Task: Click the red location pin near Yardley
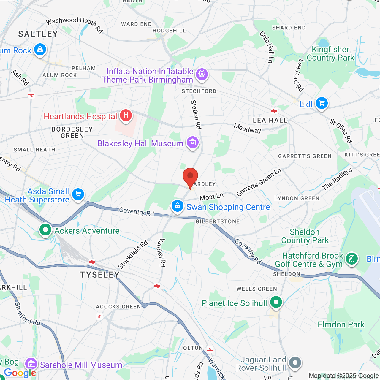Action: pyautogui.click(x=190, y=177)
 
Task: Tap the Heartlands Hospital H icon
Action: pyautogui.click(x=126, y=115)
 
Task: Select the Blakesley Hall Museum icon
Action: pyautogui.click(x=192, y=143)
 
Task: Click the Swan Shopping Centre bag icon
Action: pyautogui.click(x=178, y=206)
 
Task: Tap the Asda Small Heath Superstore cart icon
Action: pyautogui.click(x=78, y=195)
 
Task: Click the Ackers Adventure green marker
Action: pyautogui.click(x=45, y=230)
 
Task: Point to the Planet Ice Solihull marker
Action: pyautogui.click(x=276, y=303)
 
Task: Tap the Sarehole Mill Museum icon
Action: pyautogui.click(x=31, y=364)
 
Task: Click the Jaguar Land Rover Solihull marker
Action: pyautogui.click(x=295, y=363)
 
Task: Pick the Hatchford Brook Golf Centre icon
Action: pyautogui.click(x=352, y=259)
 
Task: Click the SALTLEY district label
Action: pyautogui.click(x=38, y=34)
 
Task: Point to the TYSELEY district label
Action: pyautogui.click(x=100, y=275)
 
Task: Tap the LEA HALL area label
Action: pyautogui.click(x=270, y=120)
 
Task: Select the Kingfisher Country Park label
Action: pyautogui.click(x=330, y=54)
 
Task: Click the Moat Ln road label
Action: pyautogui.click(x=211, y=197)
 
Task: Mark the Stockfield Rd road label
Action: pyautogui.click(x=133, y=255)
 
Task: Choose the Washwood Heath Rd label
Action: pyautogui.click(x=74, y=24)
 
